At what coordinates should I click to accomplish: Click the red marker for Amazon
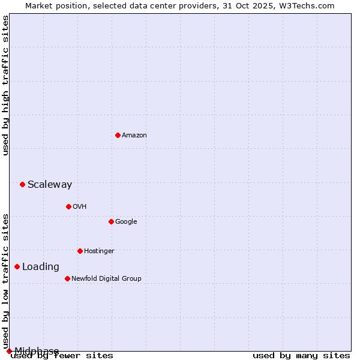click(118, 135)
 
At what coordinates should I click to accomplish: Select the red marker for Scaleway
click(22, 184)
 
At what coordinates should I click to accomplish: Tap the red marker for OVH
click(68, 206)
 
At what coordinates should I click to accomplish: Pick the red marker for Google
click(111, 221)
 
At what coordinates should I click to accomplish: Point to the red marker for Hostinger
click(80, 251)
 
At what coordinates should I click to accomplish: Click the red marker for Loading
click(17, 266)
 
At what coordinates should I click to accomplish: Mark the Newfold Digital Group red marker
click(67, 278)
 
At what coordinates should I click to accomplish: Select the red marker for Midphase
click(9, 351)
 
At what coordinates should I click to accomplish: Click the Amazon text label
click(134, 136)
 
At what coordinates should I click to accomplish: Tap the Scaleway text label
click(50, 185)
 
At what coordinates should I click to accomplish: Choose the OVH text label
click(80, 207)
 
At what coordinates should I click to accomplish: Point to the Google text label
click(126, 222)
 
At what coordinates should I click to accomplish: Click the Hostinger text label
click(99, 251)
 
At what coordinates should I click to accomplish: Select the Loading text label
click(41, 267)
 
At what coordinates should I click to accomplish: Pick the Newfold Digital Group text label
click(106, 279)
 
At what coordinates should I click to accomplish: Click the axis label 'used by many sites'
click(301, 356)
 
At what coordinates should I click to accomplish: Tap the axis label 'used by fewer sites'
click(62, 356)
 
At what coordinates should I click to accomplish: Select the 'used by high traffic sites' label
click(6, 85)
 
